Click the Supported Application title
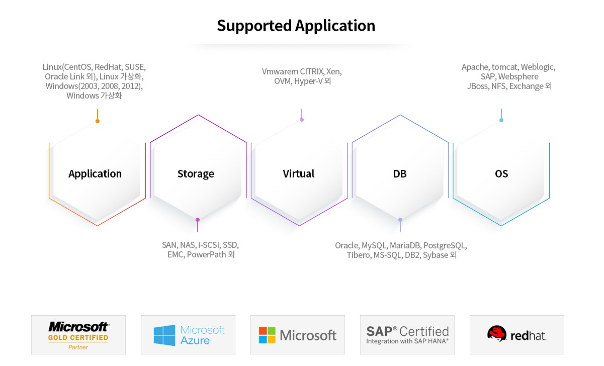click(x=296, y=26)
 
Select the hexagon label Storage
click(x=196, y=174)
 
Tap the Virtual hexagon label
click(x=299, y=173)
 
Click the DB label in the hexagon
click(x=400, y=174)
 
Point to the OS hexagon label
click(x=501, y=174)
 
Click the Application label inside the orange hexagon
click(x=95, y=174)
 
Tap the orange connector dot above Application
click(x=98, y=121)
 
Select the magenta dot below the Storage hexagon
click(x=198, y=220)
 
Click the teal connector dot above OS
click(x=501, y=120)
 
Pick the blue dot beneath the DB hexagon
click(x=400, y=220)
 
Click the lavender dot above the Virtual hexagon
click(x=302, y=120)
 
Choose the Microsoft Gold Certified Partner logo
click(x=78, y=335)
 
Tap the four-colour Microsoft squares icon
click(x=267, y=335)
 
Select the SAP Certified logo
click(x=407, y=335)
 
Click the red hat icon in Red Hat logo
click(x=497, y=333)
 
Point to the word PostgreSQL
click(x=445, y=245)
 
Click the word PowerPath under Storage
click(x=206, y=255)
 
